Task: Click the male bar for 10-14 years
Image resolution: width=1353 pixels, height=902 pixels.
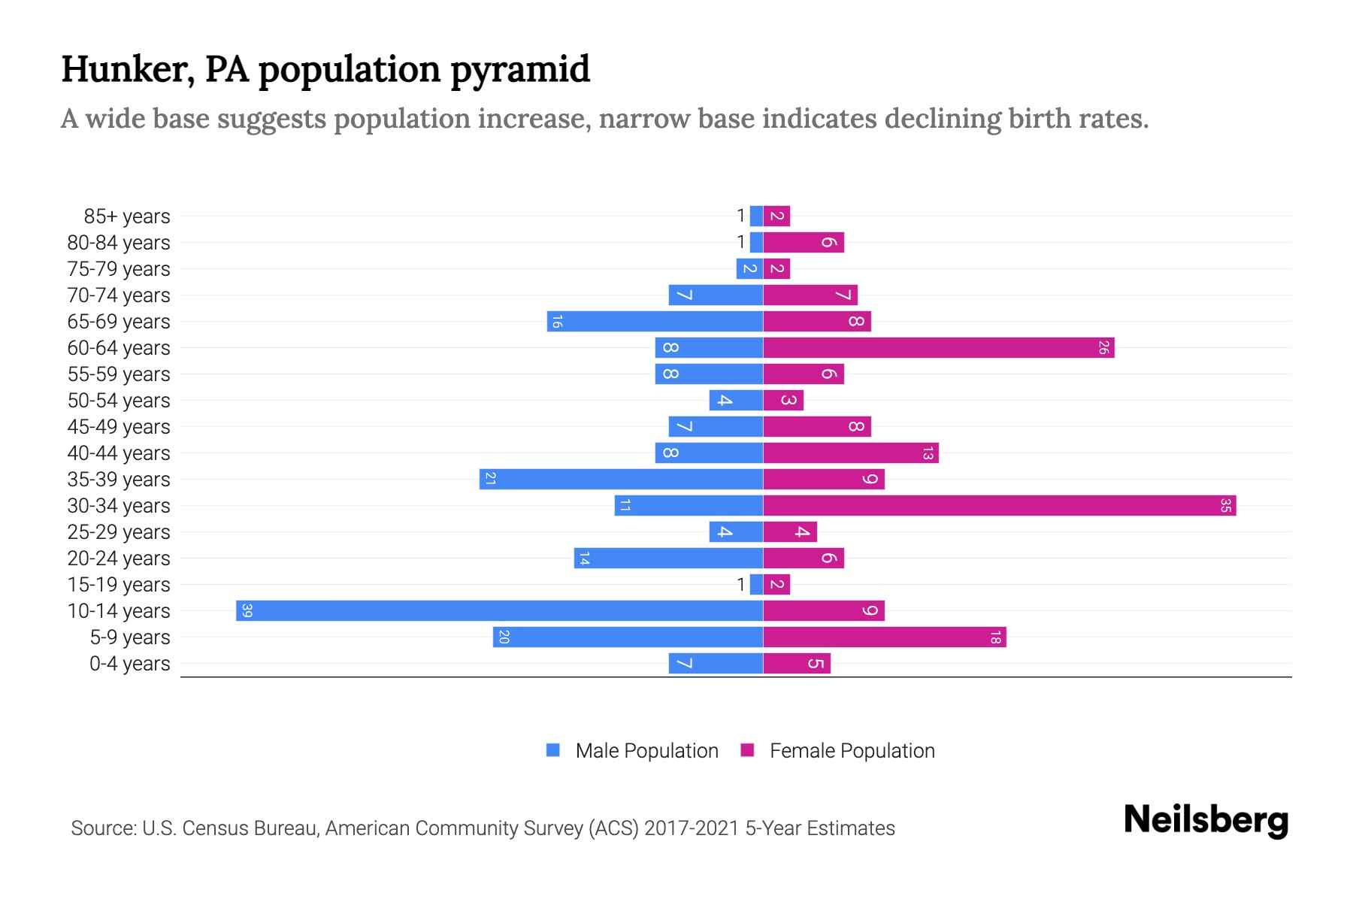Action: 499,610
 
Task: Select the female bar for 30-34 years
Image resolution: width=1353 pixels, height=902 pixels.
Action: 1000,505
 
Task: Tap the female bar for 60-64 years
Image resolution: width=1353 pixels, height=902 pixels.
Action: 938,347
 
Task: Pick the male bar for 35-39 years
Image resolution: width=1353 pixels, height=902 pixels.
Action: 621,479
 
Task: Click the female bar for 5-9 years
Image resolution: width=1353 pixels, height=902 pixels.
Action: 885,637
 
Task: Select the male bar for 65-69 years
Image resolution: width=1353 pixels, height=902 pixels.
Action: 655,321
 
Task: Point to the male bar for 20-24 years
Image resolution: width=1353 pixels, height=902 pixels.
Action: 668,558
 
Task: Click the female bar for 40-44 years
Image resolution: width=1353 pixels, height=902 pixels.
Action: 851,453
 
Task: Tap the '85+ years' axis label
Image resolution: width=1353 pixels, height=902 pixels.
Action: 127,216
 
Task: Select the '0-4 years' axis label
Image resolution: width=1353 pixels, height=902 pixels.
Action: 129,664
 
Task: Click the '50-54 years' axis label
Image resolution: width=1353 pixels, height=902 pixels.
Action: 119,401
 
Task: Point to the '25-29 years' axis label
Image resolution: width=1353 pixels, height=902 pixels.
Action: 119,532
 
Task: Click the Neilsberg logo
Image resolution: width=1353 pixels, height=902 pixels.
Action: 1206,820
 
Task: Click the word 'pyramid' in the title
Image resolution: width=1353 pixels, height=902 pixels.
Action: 520,69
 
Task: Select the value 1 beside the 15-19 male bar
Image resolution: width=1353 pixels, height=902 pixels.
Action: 740,584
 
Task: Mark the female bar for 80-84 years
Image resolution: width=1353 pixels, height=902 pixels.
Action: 804,242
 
